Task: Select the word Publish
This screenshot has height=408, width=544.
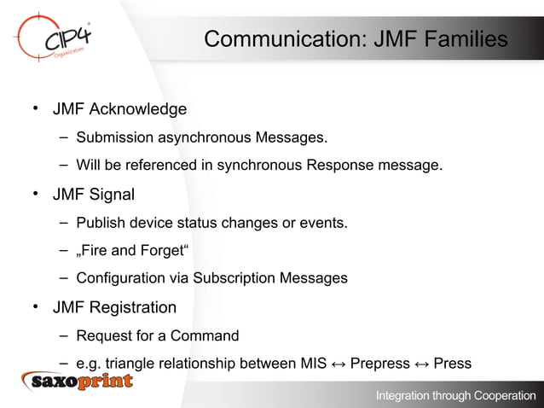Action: coord(99,224)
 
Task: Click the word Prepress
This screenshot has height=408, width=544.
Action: coord(380,364)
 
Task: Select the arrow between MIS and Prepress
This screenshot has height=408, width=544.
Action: coord(339,364)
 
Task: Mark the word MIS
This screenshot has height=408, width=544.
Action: coord(314,364)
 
